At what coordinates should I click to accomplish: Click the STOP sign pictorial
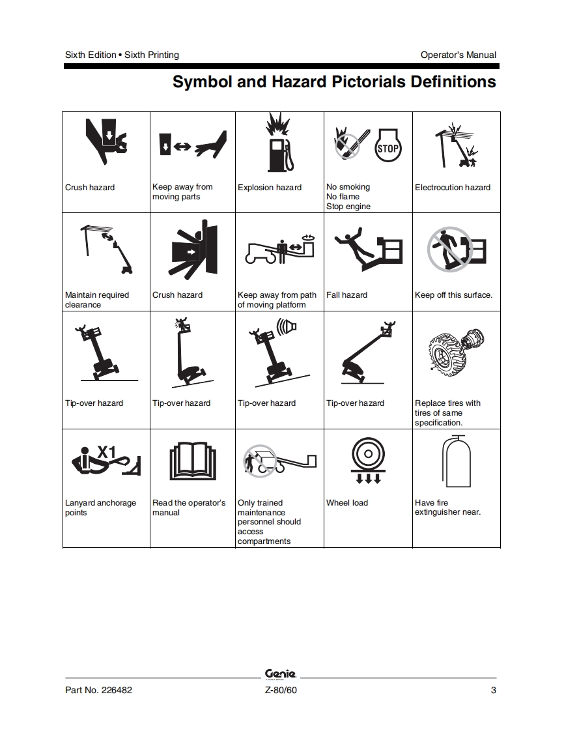[388, 146]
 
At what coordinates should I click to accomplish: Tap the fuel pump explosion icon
[279, 142]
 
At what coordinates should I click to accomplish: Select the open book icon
[193, 461]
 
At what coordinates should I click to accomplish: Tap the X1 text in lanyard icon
[106, 451]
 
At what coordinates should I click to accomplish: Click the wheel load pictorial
[368, 461]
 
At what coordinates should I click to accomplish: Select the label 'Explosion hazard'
[270, 188]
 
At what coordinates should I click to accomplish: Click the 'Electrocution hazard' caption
[453, 188]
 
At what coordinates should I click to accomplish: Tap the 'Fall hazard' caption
[346, 295]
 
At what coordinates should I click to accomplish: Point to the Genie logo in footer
[280, 674]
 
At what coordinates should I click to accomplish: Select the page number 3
[494, 690]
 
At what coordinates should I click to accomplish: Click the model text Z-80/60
[281, 690]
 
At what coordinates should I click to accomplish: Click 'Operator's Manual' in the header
[458, 55]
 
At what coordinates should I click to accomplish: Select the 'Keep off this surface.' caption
[453, 295]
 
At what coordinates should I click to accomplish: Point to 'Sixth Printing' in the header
[152, 55]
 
